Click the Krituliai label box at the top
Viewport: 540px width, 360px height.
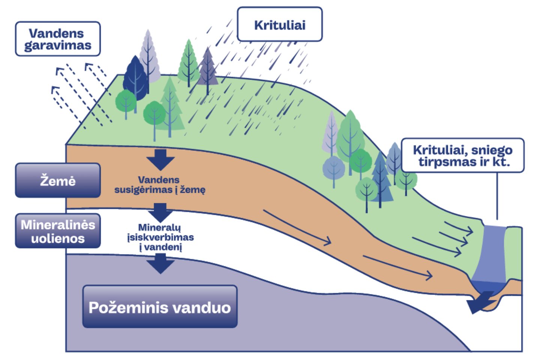point(280,24)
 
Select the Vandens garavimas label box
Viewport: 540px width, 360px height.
point(58,39)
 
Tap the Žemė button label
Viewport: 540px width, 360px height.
point(58,180)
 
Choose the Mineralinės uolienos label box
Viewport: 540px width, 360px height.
point(58,231)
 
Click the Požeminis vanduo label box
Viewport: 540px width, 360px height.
point(160,307)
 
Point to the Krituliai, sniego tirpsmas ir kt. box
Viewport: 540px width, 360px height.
point(462,155)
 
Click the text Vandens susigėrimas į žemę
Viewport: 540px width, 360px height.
point(160,184)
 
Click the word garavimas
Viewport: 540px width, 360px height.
point(58,45)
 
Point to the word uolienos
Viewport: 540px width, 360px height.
point(58,238)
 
